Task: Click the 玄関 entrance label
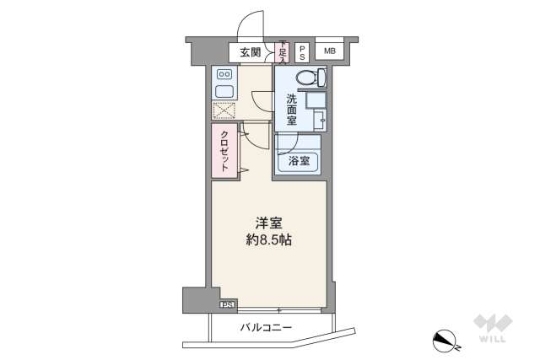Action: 250,52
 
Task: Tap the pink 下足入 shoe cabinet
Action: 283,52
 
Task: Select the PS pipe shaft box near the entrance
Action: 302,52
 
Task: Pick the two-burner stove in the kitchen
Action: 225,73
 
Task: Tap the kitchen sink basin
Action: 225,90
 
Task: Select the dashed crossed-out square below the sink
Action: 224,110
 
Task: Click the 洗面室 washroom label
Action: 290,108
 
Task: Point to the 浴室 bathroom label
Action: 298,160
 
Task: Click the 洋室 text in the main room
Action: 269,223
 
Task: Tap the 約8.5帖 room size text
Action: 269,240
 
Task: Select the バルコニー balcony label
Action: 266,327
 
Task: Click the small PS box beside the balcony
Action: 226,304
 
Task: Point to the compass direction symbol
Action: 444,340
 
